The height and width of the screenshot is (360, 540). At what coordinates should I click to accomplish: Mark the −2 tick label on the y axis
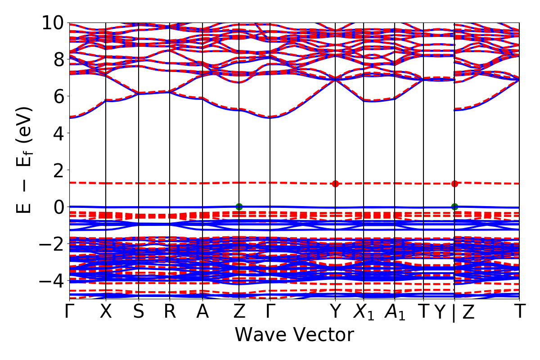coord(51,244)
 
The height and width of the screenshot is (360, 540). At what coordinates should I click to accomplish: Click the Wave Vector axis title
coord(294,335)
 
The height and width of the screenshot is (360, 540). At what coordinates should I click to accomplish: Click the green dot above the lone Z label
coord(239,207)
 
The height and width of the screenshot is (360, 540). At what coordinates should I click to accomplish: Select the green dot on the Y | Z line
coord(454,207)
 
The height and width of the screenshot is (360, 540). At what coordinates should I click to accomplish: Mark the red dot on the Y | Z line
coord(454,184)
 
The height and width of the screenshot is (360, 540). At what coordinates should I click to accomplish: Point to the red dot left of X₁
coord(335,184)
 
